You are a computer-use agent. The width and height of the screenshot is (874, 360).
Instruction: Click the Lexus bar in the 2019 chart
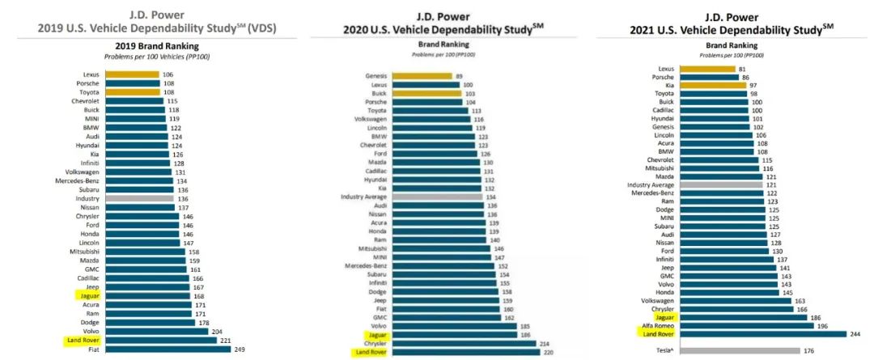click(130, 74)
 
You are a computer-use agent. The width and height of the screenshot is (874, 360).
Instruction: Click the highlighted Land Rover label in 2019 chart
click(82, 341)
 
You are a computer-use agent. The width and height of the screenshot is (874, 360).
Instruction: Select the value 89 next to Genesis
click(460, 76)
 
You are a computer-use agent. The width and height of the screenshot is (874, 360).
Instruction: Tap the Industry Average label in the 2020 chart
click(362, 197)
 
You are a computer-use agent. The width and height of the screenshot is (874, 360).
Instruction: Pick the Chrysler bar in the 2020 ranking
click(458, 343)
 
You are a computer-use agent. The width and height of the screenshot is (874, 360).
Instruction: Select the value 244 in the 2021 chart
click(855, 333)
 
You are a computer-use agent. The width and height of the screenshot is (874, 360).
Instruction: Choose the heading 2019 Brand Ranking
click(149, 47)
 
